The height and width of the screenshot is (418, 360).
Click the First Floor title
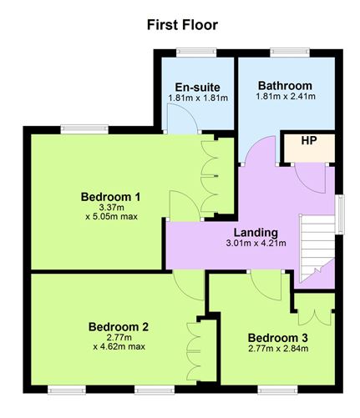click(182, 25)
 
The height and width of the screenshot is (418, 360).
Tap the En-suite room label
click(197, 88)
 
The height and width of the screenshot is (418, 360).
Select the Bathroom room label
click(285, 86)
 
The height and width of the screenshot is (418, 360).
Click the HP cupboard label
click(309, 141)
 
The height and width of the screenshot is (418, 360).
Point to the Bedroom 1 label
click(110, 197)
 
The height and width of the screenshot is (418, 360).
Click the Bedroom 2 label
click(119, 327)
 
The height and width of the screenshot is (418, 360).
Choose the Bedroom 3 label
click(277, 338)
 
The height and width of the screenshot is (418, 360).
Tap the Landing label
click(256, 233)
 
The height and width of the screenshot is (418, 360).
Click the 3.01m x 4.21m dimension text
click(256, 243)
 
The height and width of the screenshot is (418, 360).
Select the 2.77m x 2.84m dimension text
click(278, 349)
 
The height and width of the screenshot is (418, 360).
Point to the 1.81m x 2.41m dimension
click(286, 97)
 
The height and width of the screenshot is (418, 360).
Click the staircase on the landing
click(317, 249)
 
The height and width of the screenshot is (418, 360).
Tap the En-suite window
click(196, 52)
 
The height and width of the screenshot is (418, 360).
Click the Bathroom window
click(290, 52)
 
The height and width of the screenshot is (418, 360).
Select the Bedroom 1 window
click(84, 128)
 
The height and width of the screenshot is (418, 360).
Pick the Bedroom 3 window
click(277, 390)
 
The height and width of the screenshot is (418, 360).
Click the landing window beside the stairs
click(340, 214)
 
